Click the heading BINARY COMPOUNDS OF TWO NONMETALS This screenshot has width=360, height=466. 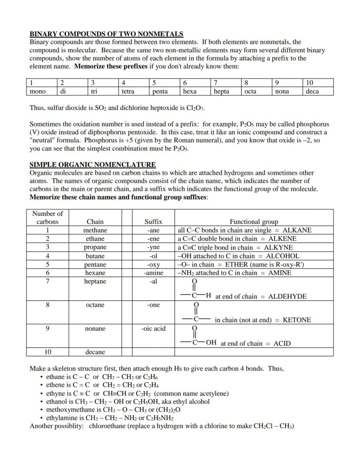106,34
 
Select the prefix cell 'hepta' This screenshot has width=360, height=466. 221,91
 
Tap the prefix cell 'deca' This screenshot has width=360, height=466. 312,91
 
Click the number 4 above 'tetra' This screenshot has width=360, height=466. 123,83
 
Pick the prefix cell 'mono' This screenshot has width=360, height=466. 37,91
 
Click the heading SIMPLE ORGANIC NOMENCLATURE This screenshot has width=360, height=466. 92,164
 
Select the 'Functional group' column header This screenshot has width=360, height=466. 254,221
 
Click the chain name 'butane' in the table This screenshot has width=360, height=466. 95,256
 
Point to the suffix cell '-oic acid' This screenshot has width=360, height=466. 153,329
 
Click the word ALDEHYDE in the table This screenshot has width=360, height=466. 287,296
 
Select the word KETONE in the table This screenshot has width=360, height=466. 297,320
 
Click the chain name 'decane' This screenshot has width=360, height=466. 95,352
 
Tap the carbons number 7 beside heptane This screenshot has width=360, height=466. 47,282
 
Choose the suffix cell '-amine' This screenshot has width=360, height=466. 153,273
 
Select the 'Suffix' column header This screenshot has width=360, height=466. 153,221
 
